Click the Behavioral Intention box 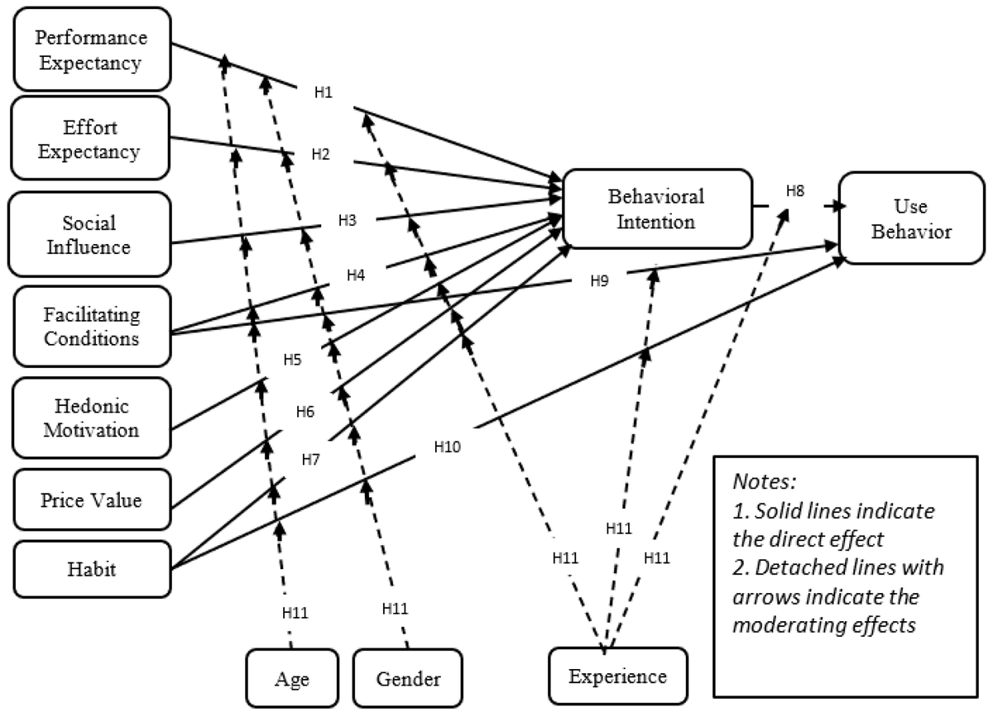tap(656, 208)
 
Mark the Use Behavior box tap(910, 218)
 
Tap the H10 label tap(448, 447)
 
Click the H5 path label tap(293, 360)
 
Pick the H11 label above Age tap(295, 613)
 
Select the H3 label tap(348, 220)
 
